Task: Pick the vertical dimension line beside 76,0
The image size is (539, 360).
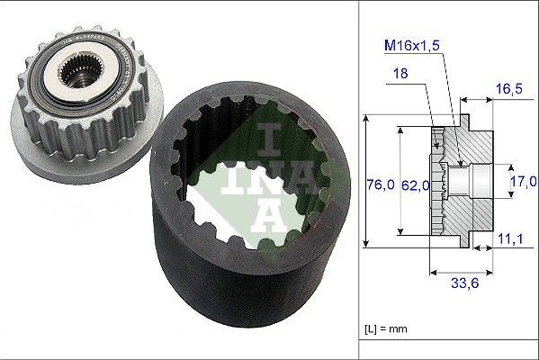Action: pos(367,180)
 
